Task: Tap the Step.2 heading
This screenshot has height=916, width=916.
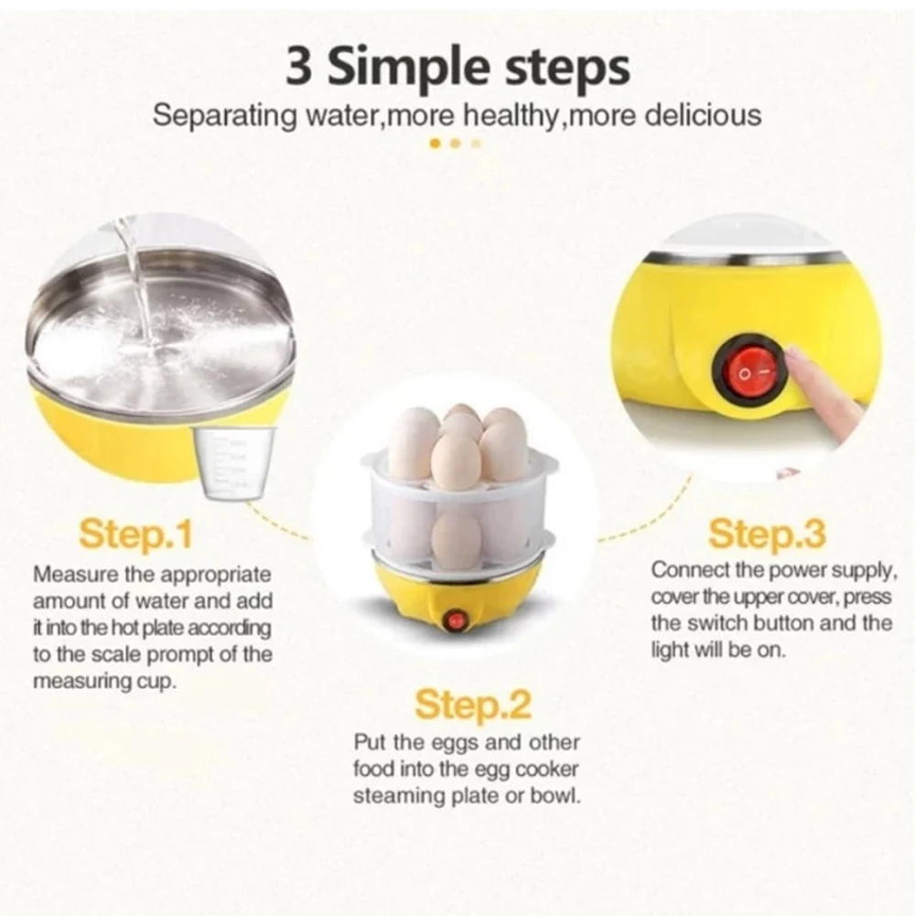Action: click(472, 706)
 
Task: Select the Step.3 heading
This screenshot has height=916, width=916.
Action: click(767, 533)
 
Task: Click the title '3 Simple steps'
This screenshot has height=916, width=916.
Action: click(458, 70)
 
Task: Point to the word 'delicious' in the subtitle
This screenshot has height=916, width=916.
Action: click(704, 116)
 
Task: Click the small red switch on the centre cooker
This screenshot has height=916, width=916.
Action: click(455, 620)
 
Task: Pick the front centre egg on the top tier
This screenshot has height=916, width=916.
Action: click(456, 461)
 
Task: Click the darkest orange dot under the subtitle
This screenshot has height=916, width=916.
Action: click(435, 144)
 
